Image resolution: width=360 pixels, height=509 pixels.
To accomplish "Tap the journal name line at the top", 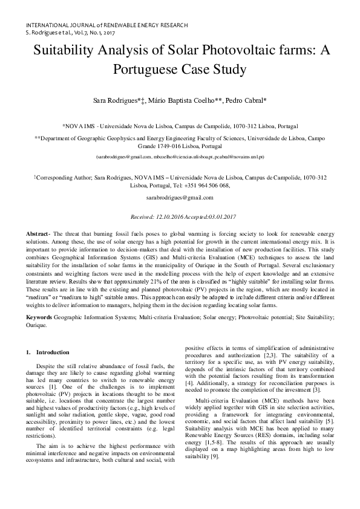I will coord(106,25).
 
